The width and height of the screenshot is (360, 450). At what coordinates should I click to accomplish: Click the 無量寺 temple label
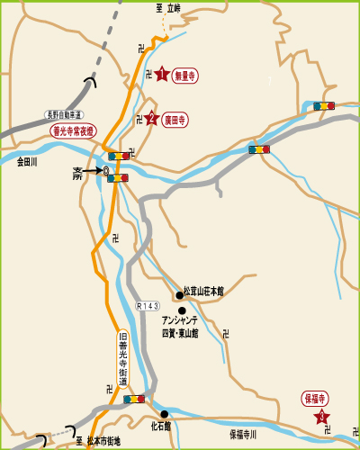(x=184, y=76)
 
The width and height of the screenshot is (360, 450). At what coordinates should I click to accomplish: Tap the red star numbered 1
(x=161, y=75)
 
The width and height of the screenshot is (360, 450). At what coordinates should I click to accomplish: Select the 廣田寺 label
(x=175, y=118)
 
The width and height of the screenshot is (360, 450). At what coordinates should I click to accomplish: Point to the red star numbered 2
(x=151, y=118)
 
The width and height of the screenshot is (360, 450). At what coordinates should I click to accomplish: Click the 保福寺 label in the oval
(x=315, y=397)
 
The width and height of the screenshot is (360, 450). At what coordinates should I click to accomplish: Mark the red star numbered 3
(x=321, y=417)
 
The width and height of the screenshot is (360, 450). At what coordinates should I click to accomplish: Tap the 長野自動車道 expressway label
(x=64, y=115)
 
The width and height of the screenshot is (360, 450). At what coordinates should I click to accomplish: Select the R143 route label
(x=148, y=307)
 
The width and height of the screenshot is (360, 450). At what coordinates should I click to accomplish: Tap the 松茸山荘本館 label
(x=203, y=292)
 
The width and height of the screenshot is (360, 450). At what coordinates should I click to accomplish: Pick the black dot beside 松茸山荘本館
(x=179, y=292)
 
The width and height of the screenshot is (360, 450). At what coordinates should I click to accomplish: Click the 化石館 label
(x=161, y=426)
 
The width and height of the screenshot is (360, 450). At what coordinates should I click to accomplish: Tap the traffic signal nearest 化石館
(x=134, y=399)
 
